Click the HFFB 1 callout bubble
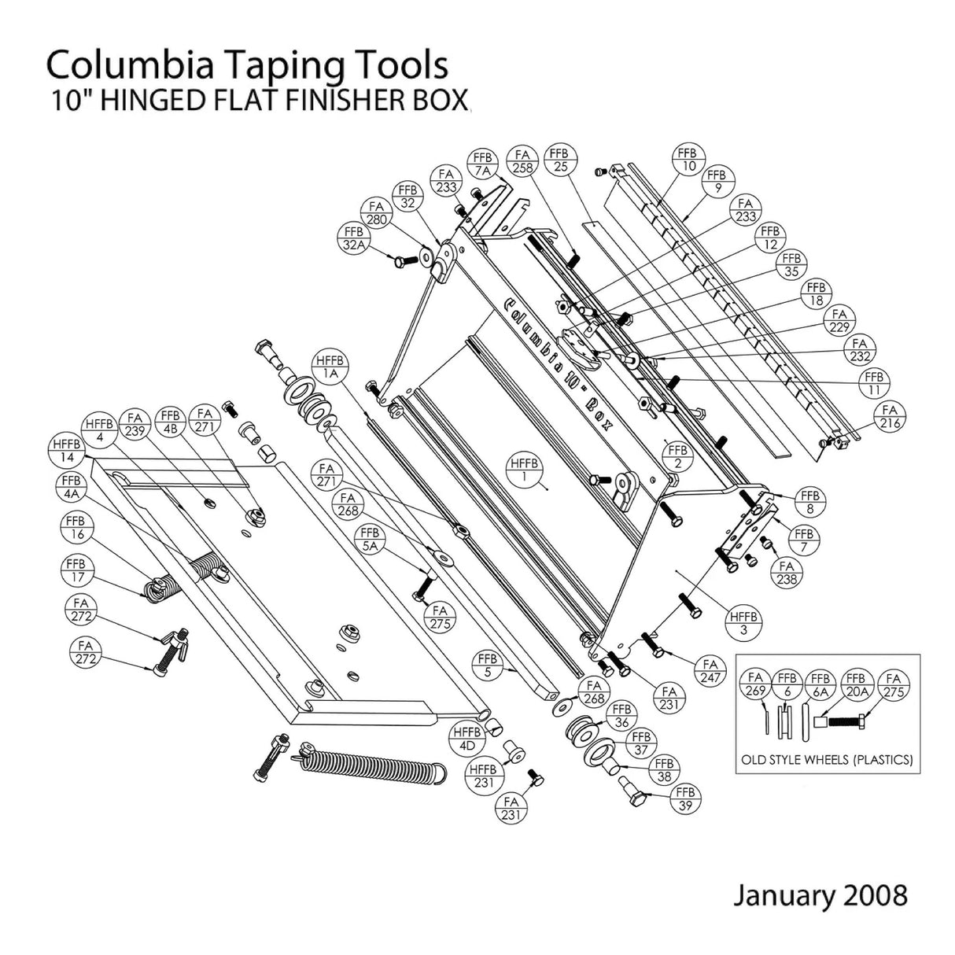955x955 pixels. (x=523, y=470)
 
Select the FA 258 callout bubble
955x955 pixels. (x=522, y=163)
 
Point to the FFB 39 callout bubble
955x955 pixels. (x=685, y=798)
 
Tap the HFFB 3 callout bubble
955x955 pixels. (x=743, y=624)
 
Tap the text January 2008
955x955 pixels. (x=820, y=895)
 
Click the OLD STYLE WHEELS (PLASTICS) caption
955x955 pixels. (x=828, y=760)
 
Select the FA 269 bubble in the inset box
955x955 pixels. (x=758, y=683)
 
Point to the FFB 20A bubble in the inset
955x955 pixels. (x=857, y=683)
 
